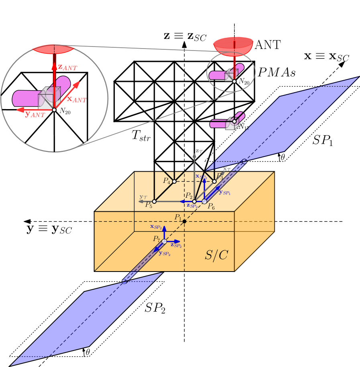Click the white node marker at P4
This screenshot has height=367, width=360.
(x=174, y=181)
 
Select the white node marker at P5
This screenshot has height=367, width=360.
(x=154, y=201)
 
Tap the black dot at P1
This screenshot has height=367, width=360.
(x=184, y=221)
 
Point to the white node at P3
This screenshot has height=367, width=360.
(x=214, y=181)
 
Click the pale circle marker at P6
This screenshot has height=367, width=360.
(x=204, y=201)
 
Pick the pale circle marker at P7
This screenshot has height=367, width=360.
(x=164, y=241)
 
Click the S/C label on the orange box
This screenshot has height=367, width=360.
(x=216, y=255)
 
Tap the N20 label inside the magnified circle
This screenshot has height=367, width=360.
(x=65, y=112)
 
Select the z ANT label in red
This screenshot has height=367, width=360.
(x=67, y=67)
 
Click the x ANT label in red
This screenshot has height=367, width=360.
(x=76, y=99)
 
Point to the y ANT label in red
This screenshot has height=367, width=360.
(x=35, y=115)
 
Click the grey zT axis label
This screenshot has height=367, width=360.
(x=199, y=151)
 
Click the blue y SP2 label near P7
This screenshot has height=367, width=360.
(x=165, y=253)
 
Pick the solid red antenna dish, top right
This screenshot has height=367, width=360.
(x=233, y=45)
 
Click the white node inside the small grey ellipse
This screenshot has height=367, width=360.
(x=234, y=81)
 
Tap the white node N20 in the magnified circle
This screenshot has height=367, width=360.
(x=54, y=109)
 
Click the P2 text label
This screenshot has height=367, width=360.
(x=189, y=195)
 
